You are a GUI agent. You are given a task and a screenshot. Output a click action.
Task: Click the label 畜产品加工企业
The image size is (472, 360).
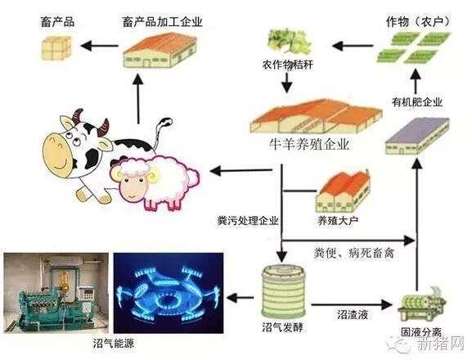click(x=162, y=22)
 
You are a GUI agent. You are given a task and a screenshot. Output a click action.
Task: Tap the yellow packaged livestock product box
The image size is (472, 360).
click(x=56, y=47)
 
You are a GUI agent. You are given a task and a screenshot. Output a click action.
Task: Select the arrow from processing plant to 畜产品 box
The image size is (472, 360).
click(x=99, y=46)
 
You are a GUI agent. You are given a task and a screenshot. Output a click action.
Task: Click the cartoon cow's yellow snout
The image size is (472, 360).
click(x=58, y=154)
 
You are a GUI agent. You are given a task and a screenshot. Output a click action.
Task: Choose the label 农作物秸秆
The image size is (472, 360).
click(x=287, y=65)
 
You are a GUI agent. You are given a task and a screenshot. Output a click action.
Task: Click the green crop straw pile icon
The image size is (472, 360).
click(x=289, y=42)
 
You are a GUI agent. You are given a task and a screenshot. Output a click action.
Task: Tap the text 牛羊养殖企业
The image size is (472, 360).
click(x=309, y=145)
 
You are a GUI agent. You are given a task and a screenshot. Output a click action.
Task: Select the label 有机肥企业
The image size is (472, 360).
click(x=416, y=102)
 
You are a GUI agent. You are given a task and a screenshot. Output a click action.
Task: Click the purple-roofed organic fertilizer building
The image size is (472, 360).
click(x=417, y=136)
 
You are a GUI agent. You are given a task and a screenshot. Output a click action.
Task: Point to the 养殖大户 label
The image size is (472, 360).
click(x=338, y=221)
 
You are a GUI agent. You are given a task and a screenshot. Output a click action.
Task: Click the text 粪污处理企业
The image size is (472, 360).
click(x=248, y=221)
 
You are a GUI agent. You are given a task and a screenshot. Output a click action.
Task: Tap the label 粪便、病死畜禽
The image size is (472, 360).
click(x=354, y=253)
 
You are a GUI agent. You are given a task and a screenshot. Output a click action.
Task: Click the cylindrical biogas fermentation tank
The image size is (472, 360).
click(x=284, y=291)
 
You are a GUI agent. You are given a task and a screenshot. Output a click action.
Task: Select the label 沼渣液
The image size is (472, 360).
click(x=353, y=315)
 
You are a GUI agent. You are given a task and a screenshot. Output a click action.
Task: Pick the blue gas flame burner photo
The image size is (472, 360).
click(x=169, y=293)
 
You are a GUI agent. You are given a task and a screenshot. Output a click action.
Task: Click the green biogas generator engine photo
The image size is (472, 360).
click(x=56, y=293)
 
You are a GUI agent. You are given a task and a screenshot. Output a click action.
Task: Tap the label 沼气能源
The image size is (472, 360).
click(x=113, y=343)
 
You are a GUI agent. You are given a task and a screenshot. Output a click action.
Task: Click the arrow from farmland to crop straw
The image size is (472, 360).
click(x=353, y=46)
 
